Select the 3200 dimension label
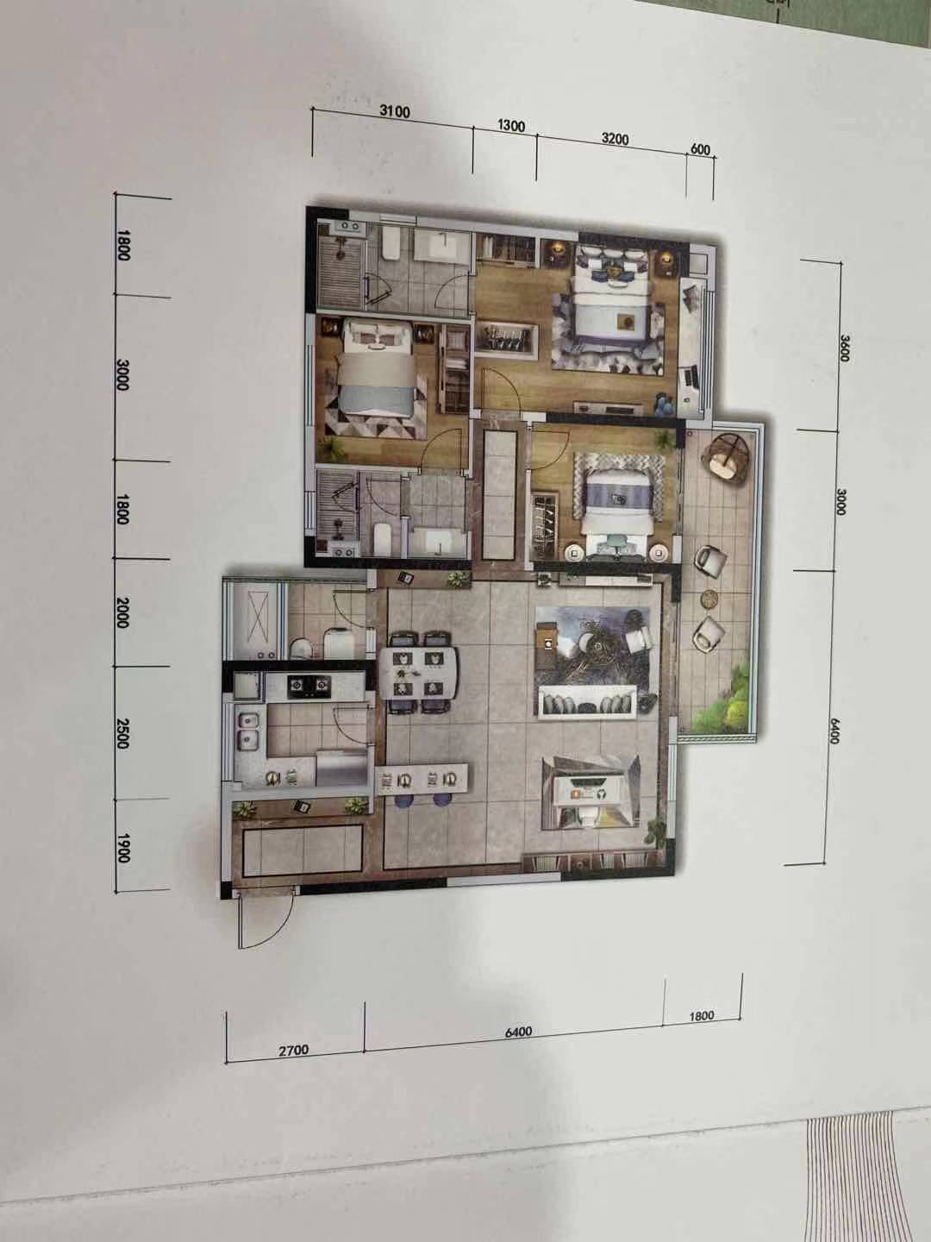point(615,138)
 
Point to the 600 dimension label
point(700,149)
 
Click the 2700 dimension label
point(294,1051)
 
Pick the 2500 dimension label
point(122,733)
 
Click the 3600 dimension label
point(844,348)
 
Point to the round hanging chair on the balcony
point(727,457)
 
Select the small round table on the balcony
point(709,598)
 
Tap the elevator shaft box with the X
point(256,620)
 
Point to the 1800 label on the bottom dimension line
point(702,1016)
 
